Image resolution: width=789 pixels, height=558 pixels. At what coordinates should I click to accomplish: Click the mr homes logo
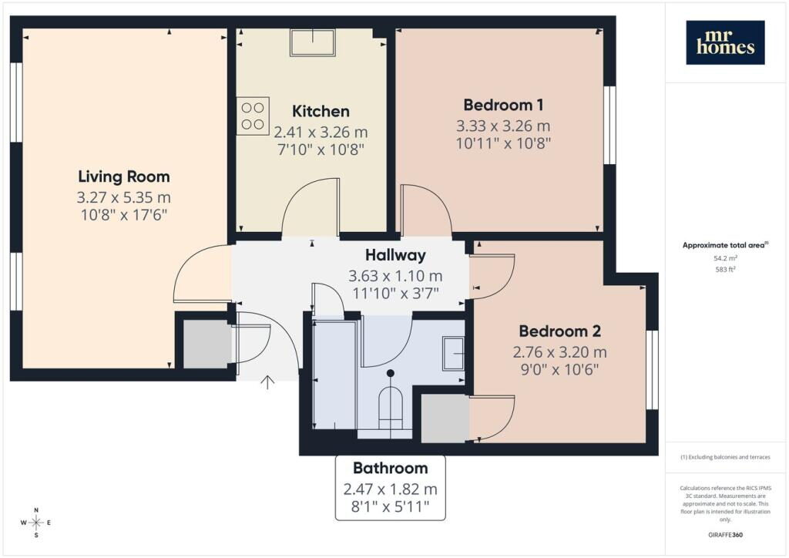click(725, 42)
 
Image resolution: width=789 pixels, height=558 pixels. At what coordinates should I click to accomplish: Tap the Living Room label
click(124, 176)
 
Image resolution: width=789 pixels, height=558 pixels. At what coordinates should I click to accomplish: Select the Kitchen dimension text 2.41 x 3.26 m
click(321, 132)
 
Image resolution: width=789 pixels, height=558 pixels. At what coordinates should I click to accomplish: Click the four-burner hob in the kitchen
click(253, 116)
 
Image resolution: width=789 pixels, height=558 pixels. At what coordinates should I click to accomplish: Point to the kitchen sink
click(313, 42)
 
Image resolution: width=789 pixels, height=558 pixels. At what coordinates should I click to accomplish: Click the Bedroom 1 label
click(503, 105)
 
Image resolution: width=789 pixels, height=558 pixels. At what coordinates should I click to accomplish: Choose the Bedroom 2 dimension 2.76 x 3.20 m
click(559, 352)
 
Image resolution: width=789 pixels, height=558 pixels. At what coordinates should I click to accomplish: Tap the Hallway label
click(395, 255)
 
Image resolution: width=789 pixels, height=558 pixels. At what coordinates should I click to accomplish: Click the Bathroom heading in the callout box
click(391, 468)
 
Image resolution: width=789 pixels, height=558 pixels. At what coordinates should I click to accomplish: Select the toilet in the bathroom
click(391, 402)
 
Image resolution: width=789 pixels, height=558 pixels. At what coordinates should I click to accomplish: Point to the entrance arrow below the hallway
click(267, 382)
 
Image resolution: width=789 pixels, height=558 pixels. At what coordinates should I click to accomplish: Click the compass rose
click(36, 523)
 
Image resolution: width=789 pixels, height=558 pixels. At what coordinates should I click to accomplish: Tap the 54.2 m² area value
click(725, 258)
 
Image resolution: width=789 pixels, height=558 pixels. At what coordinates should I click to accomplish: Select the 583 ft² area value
click(725, 269)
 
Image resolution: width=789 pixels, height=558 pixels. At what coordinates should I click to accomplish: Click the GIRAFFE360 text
click(725, 534)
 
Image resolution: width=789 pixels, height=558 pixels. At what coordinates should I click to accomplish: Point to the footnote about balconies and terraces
click(725, 457)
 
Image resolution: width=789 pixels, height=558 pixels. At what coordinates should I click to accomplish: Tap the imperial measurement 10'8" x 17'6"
click(124, 215)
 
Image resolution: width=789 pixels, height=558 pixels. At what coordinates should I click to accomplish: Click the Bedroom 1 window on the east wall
click(609, 126)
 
